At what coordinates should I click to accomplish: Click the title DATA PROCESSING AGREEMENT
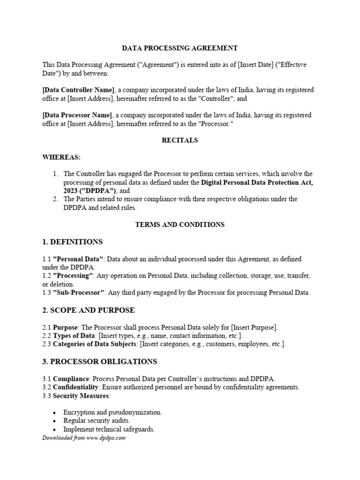pos(180,48)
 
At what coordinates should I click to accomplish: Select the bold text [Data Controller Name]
pos(78,90)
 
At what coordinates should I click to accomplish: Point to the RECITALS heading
pos(180,140)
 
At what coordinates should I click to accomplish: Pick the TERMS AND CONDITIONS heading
pos(180,225)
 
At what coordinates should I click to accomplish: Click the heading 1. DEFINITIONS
pos(73,242)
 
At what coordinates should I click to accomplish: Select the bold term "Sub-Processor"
pos(78,292)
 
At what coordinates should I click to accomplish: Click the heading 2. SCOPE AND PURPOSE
pos(88,310)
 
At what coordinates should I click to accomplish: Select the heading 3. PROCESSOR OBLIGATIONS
pos(99,361)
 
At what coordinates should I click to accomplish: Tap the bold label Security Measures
pos(81,396)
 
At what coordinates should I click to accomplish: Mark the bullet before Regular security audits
pos(55,421)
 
